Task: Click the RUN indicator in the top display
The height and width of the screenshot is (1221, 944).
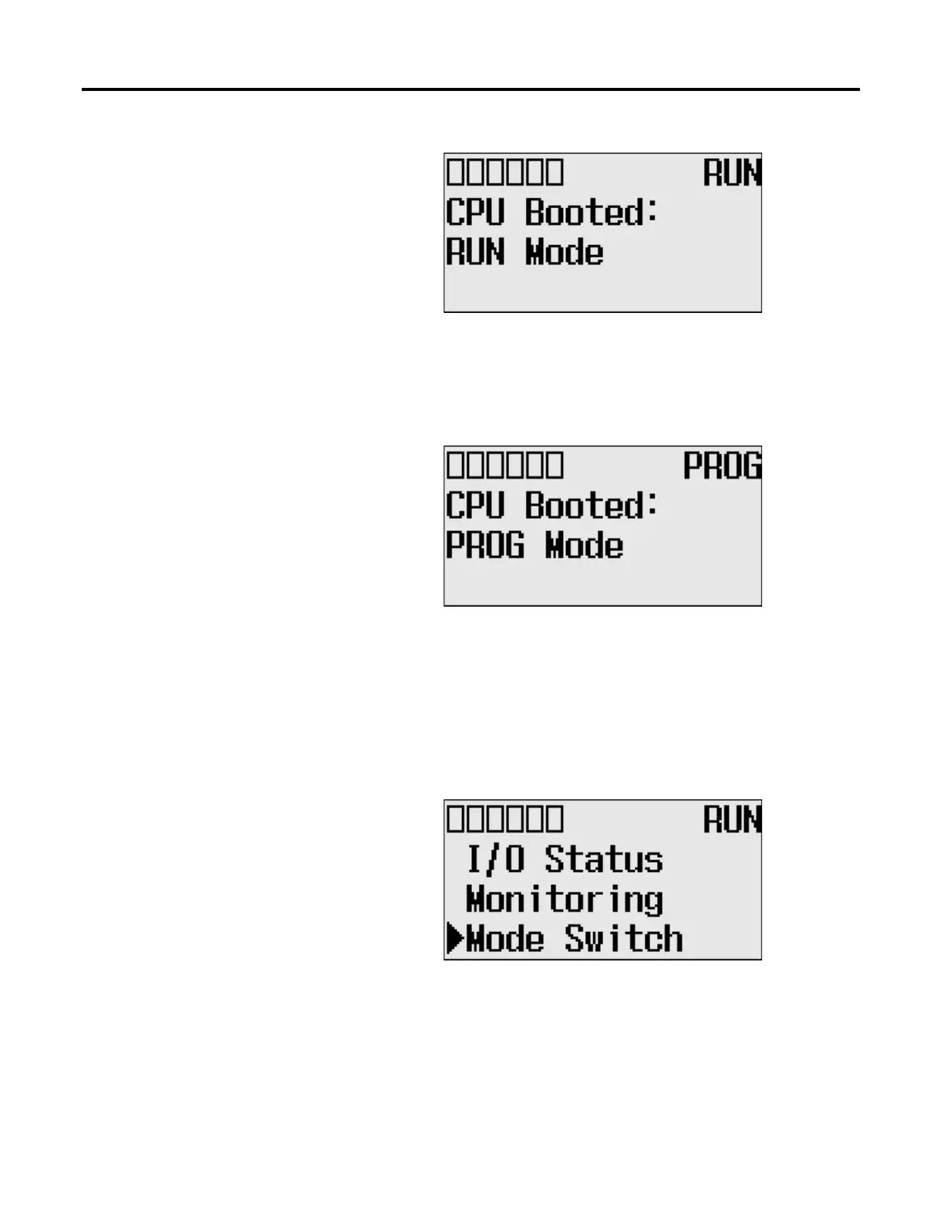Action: [x=731, y=173]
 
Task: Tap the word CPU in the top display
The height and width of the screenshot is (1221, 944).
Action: [x=475, y=212]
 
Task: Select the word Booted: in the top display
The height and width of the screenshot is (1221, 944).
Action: [x=592, y=212]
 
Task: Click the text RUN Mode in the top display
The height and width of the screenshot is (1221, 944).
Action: [x=524, y=253]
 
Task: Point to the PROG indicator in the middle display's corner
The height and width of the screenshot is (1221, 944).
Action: [x=722, y=466]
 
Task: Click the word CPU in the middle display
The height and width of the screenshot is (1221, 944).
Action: [x=475, y=506]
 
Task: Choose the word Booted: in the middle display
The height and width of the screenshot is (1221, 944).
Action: [x=592, y=506]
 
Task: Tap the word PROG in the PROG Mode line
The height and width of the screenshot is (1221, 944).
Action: [x=485, y=546]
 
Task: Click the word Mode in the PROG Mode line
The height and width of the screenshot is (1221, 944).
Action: [x=585, y=546]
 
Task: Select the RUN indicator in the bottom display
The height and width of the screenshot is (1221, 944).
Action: [x=731, y=819]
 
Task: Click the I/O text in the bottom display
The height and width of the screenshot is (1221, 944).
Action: [x=495, y=859]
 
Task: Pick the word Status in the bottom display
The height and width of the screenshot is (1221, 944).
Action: [x=604, y=859]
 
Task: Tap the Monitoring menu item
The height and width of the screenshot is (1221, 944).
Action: [x=565, y=900]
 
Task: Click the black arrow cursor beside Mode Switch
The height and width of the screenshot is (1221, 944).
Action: [x=455, y=939]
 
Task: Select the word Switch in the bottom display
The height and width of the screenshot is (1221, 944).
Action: [x=624, y=939]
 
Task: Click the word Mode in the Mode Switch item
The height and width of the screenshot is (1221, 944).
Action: [x=505, y=939]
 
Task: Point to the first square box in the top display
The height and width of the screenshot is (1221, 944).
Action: [x=456, y=172]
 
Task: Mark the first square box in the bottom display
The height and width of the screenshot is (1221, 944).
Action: [x=456, y=819]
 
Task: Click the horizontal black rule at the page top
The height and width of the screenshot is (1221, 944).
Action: [x=470, y=90]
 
